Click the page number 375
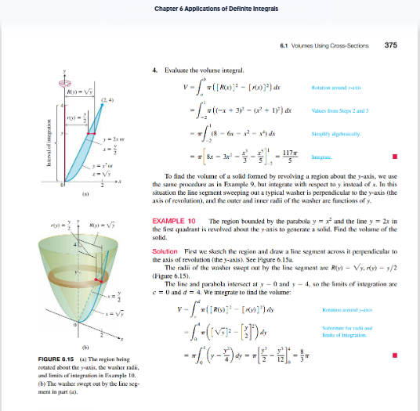(x=391, y=45)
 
